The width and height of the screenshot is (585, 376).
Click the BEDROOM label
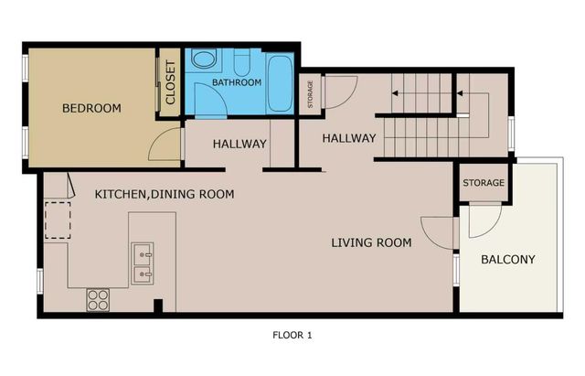point(91,109)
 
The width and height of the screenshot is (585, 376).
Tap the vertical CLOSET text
point(170,81)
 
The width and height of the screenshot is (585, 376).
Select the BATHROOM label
point(237,82)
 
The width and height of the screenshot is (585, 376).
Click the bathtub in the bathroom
point(279,83)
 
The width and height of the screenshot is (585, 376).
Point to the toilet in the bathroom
point(243,62)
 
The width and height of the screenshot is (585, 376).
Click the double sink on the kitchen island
point(142,261)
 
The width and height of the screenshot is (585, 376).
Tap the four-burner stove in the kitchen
point(98,298)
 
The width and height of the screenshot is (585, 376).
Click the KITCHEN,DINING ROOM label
point(165,194)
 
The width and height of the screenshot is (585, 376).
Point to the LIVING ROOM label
point(371,242)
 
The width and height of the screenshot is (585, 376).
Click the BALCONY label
point(507,259)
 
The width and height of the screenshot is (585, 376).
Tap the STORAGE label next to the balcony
point(483,183)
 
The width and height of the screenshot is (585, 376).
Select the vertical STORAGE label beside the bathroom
point(310,95)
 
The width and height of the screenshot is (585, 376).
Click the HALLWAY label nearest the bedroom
point(239,144)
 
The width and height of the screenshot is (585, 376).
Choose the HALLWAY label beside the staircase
point(349,138)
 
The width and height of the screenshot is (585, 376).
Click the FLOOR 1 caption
point(292,335)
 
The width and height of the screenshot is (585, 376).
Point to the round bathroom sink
point(203,61)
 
